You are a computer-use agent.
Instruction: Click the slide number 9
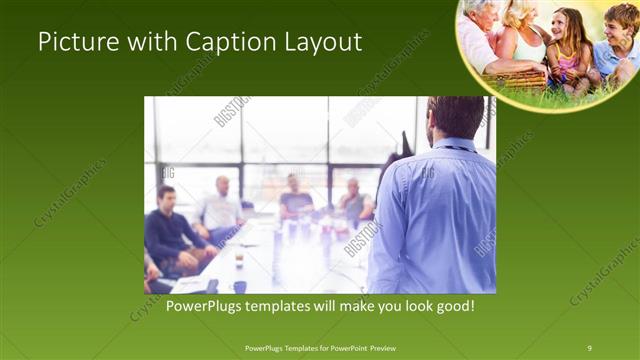coord(589,347)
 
